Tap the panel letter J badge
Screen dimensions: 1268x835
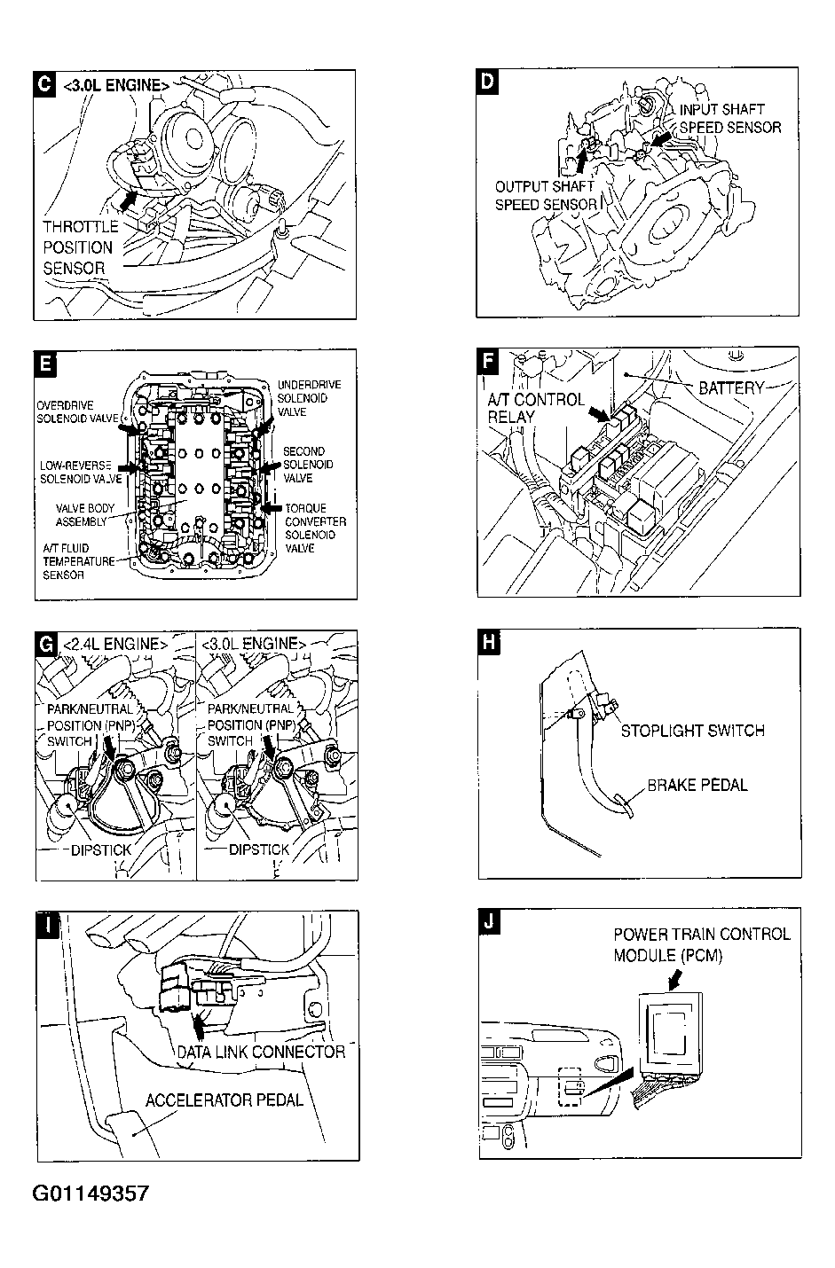[488, 921]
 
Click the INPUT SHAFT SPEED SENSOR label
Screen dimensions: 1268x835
[729, 119]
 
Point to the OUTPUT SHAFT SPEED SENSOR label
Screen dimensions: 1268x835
[545, 196]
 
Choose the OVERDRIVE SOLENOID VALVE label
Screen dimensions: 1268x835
[77, 412]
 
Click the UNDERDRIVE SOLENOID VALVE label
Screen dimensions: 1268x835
[308, 398]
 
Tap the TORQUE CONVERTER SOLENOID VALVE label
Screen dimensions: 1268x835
[315, 528]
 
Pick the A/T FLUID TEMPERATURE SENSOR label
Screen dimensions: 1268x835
[78, 562]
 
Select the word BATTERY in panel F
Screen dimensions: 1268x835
[731, 387]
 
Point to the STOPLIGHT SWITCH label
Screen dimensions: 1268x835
[692, 731]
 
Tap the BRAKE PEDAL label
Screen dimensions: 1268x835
[697, 785]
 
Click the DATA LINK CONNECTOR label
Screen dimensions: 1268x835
[261, 1052]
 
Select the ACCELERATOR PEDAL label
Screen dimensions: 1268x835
[224, 1100]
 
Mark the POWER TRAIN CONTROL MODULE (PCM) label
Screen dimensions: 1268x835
[701, 944]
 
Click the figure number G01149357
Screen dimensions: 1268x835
[91, 1194]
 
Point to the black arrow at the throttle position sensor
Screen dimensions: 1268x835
[130, 202]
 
